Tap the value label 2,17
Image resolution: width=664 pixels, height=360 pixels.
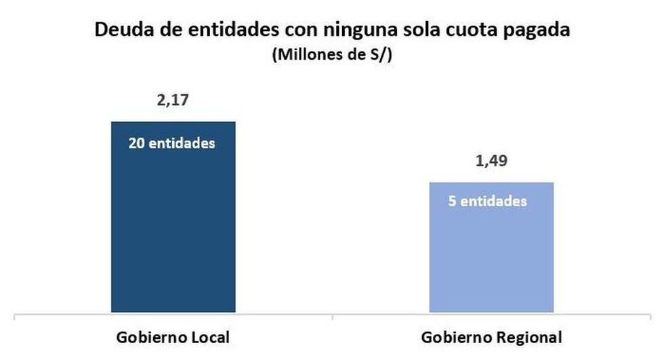click(172, 101)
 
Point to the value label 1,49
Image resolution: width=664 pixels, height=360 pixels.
click(491, 162)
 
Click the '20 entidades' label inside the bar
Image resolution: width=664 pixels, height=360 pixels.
click(171, 144)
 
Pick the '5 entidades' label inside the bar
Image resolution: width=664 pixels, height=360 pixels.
click(488, 202)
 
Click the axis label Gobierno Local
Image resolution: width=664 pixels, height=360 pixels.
click(173, 337)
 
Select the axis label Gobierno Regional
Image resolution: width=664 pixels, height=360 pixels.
click(491, 337)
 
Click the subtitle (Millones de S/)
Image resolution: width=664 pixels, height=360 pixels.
click(332, 56)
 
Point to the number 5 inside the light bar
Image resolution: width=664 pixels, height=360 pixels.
click(453, 202)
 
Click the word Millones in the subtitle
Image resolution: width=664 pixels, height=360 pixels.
click(304, 56)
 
